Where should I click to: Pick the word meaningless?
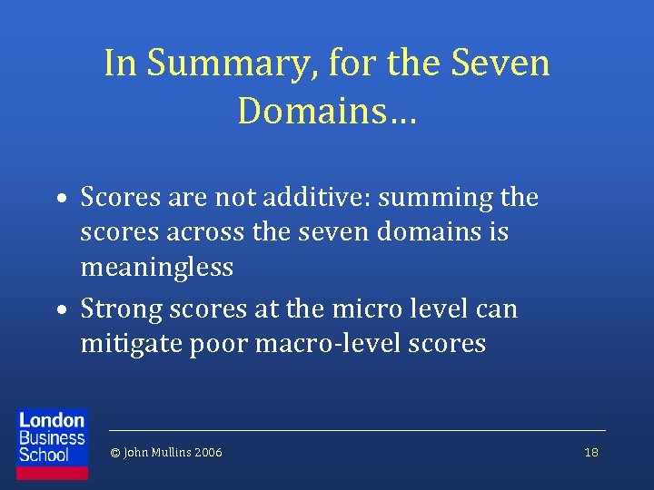(x=156, y=268)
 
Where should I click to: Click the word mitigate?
(x=131, y=345)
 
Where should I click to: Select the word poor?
(x=218, y=345)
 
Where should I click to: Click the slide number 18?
(x=590, y=452)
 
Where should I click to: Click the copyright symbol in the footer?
(x=114, y=452)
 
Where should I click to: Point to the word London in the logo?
(x=52, y=420)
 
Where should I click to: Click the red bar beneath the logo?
(x=53, y=473)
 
